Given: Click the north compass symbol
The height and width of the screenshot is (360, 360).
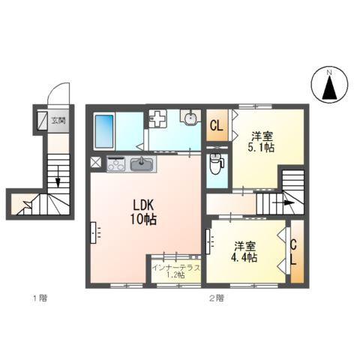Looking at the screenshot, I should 328,85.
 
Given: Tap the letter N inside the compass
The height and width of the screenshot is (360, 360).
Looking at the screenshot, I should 328,73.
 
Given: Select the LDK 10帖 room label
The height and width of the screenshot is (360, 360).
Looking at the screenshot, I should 144,212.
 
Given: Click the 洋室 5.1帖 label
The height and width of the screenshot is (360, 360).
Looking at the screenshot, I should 262,142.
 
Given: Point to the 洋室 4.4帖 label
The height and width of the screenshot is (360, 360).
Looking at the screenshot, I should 245,250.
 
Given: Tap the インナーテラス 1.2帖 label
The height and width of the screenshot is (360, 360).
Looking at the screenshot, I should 175,271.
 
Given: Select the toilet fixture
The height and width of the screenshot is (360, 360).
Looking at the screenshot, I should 216,163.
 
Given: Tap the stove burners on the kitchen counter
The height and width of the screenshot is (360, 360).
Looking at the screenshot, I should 116,163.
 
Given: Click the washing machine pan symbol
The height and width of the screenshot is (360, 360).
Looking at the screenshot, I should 157,118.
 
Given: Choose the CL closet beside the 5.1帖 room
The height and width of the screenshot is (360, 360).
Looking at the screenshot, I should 216,126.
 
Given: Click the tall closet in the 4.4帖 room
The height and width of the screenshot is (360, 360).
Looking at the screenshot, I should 295,253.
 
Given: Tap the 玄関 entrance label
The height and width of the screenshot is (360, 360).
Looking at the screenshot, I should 58,120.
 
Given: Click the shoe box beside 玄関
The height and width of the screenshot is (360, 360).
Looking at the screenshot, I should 40,121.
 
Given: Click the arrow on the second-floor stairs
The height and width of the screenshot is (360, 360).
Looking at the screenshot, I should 286,201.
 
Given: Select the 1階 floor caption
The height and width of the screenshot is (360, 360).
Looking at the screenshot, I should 39,298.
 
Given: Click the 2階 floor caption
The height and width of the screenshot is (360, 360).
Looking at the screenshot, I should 215,298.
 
